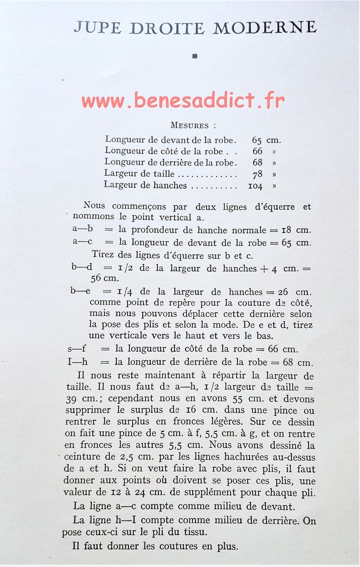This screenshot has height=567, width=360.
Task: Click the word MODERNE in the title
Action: (265, 27)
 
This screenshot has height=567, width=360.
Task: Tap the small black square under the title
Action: (194, 55)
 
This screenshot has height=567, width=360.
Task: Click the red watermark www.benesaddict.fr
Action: (183, 101)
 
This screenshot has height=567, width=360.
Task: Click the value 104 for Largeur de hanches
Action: (255, 186)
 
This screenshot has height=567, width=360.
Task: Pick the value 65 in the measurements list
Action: (257, 140)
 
